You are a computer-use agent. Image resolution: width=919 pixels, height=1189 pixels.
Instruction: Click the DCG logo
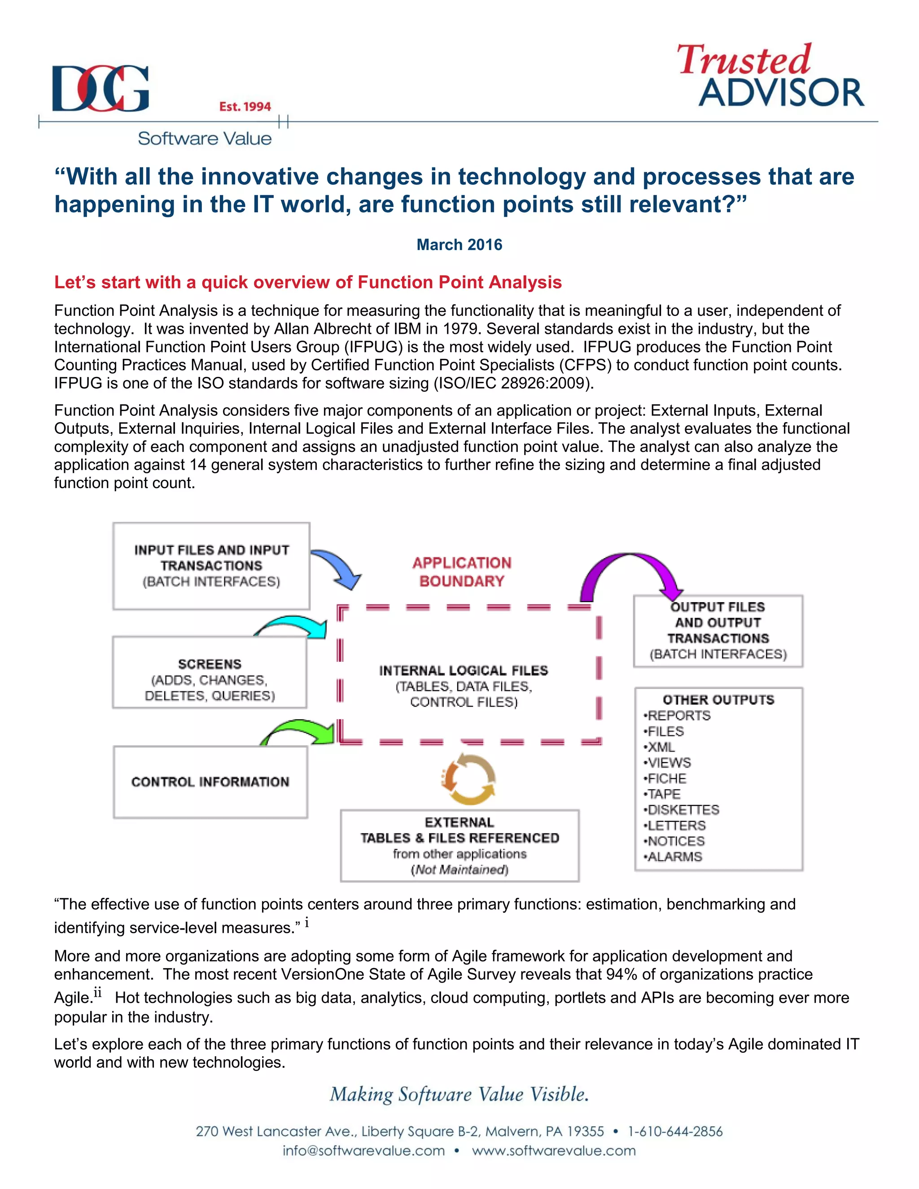(x=100, y=89)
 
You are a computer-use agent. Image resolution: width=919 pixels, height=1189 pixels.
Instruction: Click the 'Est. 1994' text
(x=245, y=107)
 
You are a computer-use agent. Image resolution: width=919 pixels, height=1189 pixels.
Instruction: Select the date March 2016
(x=459, y=245)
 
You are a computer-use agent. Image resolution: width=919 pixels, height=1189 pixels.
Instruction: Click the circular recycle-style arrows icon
(x=468, y=778)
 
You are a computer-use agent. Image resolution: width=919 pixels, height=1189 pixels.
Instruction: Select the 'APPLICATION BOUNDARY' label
(x=462, y=572)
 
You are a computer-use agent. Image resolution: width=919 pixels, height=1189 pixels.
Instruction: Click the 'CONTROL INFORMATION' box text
(x=210, y=782)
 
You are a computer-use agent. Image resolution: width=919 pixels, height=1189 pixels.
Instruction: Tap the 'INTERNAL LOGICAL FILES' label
(x=463, y=670)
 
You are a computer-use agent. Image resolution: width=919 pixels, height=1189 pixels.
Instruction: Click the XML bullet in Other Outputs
(x=661, y=747)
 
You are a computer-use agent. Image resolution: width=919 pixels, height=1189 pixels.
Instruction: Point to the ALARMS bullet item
(x=674, y=857)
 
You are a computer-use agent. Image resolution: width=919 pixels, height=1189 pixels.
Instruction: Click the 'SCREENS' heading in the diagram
(x=210, y=664)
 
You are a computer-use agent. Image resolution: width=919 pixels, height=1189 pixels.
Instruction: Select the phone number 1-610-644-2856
(x=675, y=1131)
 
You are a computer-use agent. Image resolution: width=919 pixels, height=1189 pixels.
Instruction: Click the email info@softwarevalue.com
(x=363, y=1151)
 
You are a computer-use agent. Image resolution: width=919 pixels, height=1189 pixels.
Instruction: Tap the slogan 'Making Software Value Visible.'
(x=459, y=1094)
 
